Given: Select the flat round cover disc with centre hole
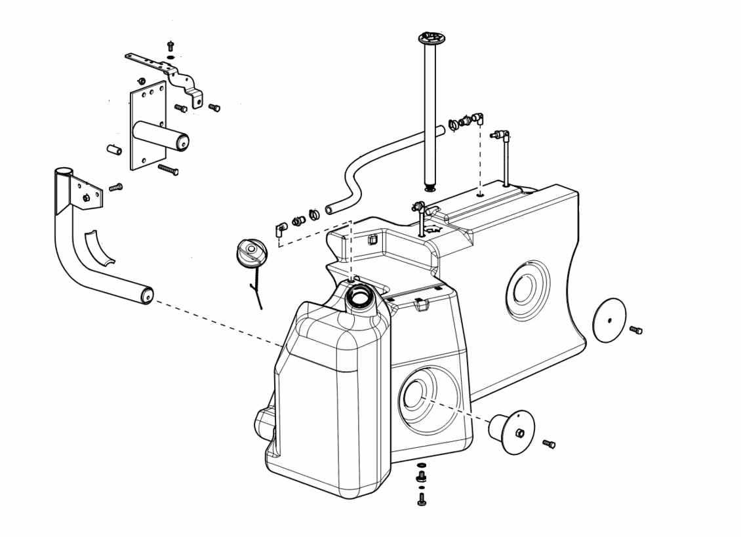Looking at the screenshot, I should click(609, 320).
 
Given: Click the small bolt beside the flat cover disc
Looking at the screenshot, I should click(635, 330).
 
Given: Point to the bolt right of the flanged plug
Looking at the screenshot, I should click(550, 445).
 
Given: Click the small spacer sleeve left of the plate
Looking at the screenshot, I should click(115, 149).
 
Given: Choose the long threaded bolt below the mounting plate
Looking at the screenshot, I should click(169, 170).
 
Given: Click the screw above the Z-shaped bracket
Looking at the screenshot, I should click(171, 46).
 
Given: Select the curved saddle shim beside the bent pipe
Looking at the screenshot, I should click(99, 249).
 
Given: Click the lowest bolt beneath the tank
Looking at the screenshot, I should click(422, 500).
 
